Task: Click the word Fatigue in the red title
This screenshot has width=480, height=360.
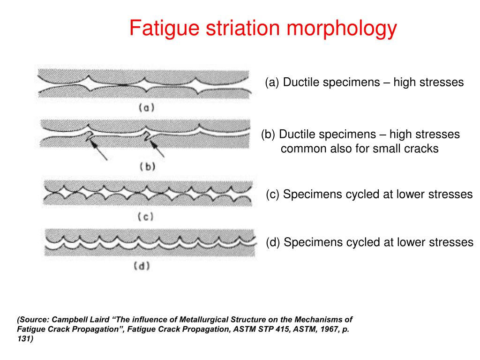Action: pyautogui.click(x=165, y=29)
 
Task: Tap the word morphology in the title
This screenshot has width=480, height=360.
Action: pyautogui.click(x=342, y=29)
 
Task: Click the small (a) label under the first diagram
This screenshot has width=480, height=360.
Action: pyautogui.click(x=147, y=108)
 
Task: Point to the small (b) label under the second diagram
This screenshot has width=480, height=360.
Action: pyautogui.click(x=148, y=167)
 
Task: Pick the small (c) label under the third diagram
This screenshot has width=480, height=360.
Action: pyautogui.click(x=145, y=217)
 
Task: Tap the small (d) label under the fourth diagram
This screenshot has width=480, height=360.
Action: pyautogui.click(x=142, y=266)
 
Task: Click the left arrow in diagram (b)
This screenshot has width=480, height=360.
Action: pyautogui.click(x=98, y=150)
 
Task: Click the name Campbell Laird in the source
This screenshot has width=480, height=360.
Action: pyautogui.click(x=81, y=320)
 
